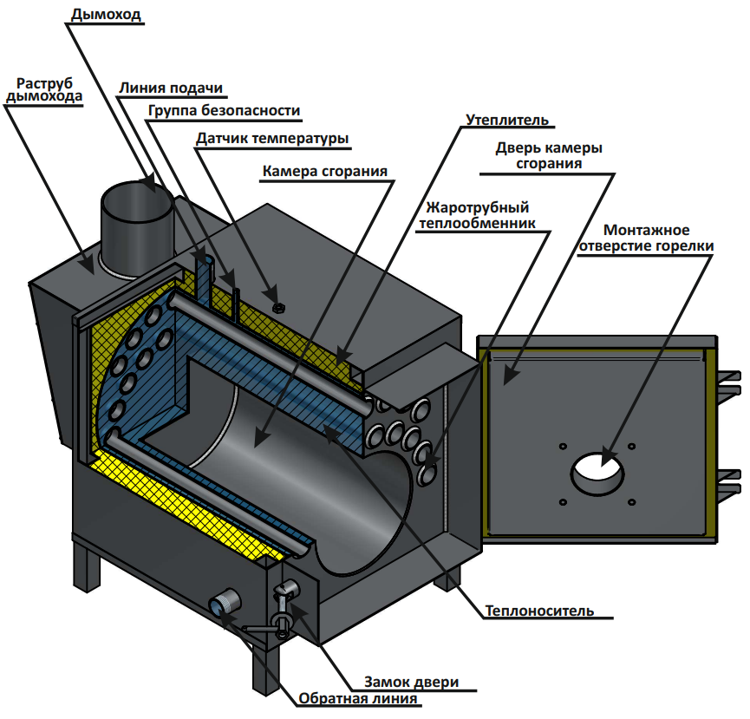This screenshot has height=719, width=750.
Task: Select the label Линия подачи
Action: coord(172,88)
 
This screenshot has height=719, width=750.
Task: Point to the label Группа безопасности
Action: coord(224,111)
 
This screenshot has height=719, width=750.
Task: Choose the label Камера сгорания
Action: coord(324,170)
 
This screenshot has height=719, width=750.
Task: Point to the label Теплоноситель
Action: coord(539,610)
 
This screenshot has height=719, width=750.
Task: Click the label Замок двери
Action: coord(411,682)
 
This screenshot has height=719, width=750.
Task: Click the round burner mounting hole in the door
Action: coord(597,472)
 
